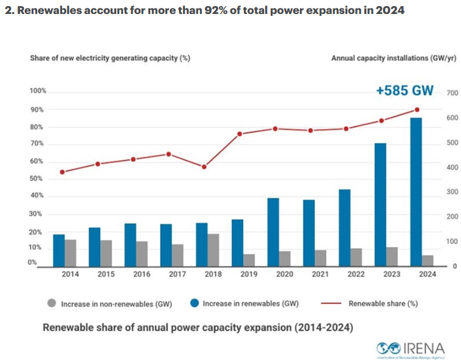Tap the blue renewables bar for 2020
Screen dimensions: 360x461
pos(274,232)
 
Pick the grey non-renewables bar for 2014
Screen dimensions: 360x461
pos(71,252)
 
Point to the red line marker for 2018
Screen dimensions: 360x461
pos(204,167)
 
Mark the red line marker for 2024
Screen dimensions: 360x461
pos(417,110)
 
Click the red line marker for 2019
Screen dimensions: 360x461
pos(240,134)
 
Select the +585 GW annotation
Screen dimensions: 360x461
pos(405,91)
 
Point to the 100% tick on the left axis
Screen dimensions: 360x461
pos(38,91)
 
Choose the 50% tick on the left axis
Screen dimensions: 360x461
pos(38,179)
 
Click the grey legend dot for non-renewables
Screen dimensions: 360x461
pos(50,302)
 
